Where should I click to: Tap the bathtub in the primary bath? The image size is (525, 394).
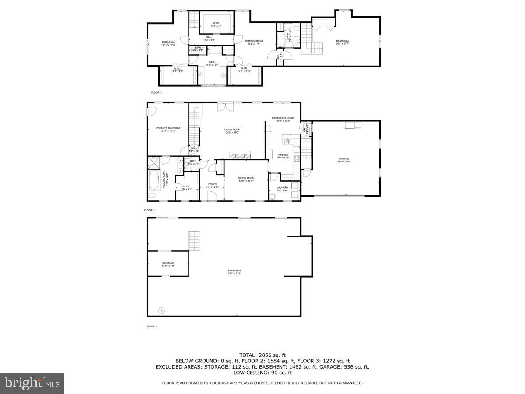point(154,179)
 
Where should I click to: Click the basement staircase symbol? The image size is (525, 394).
point(194,240)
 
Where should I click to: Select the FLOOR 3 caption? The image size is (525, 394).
point(156,93)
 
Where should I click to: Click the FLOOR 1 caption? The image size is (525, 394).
point(151,327)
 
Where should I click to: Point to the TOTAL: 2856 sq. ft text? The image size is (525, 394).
point(262,355)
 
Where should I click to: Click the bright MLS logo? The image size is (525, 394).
point(32,383)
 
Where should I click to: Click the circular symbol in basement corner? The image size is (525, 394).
point(161,310)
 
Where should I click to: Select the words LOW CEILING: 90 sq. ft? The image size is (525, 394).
point(262,373)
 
